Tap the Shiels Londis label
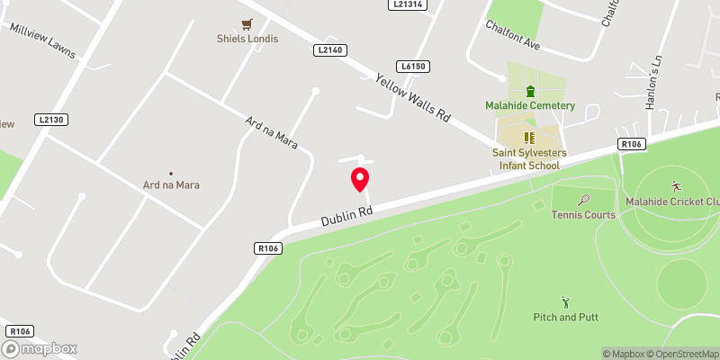click(247, 39)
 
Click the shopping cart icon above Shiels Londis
click(247, 24)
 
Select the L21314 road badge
click(409, 4)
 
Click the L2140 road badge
click(330, 50)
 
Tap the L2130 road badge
click(52, 119)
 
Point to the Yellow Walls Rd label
click(412, 98)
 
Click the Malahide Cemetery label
click(530, 105)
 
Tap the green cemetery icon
click(530, 91)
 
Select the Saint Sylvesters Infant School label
click(529, 154)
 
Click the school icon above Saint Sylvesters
click(529, 138)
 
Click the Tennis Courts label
click(584, 215)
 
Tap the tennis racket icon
click(584, 200)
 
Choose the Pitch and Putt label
click(565, 317)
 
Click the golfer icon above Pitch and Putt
click(565, 301)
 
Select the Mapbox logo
click(40, 348)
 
